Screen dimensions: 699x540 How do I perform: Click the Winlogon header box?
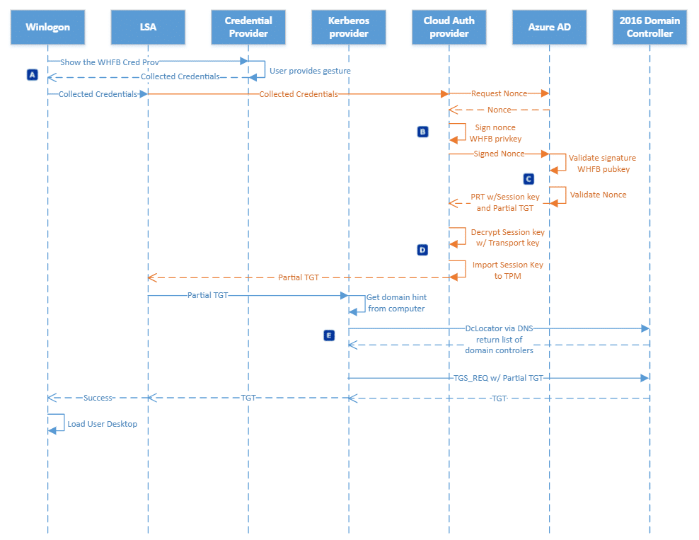(x=47, y=27)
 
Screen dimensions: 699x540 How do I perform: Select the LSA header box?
(x=148, y=27)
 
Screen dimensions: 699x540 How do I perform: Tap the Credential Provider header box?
(x=248, y=27)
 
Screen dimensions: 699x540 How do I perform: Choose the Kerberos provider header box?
(x=349, y=27)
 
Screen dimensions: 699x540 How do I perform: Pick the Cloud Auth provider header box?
(x=449, y=27)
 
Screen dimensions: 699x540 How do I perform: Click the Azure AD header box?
(x=549, y=27)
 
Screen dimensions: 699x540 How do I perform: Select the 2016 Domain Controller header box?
(x=649, y=27)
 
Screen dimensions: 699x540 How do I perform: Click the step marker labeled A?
(x=32, y=74)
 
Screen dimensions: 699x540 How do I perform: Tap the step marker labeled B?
(x=422, y=132)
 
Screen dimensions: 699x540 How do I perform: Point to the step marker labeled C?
(x=528, y=179)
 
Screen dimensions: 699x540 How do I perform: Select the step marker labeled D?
(x=422, y=250)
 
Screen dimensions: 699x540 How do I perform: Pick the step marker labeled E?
(x=329, y=335)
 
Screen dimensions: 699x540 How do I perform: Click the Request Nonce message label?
(x=499, y=93)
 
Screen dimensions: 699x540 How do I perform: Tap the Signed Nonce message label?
(x=499, y=154)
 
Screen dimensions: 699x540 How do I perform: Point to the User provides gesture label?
(x=310, y=71)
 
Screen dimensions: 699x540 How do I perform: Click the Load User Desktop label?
(x=102, y=424)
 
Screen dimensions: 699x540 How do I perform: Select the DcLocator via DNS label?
(x=499, y=328)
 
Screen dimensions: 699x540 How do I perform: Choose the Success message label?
(x=98, y=398)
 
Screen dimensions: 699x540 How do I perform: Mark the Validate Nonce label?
(x=598, y=195)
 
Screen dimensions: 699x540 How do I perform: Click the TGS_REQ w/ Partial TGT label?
(x=498, y=378)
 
